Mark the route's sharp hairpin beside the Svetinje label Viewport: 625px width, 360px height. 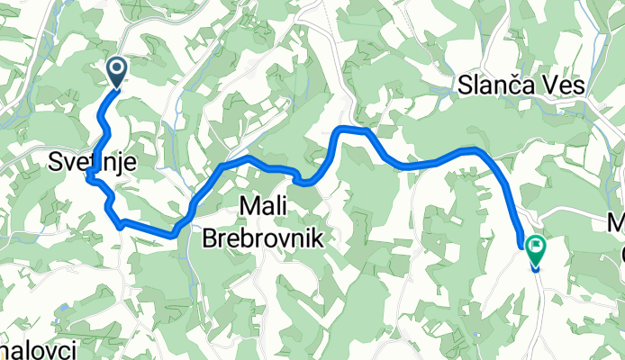pyautogui.click(x=90, y=176)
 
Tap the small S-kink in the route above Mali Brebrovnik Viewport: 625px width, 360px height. pyautogui.click(x=303, y=178)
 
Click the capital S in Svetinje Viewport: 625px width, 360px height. pyautogui.click(x=53, y=162)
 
